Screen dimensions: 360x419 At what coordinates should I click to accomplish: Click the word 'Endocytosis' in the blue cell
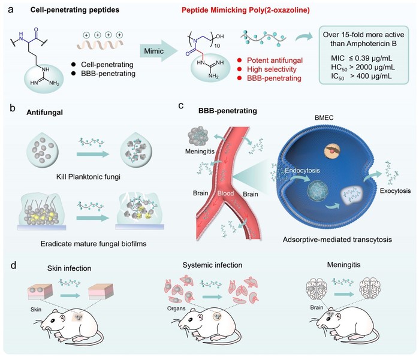point(302,170)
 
